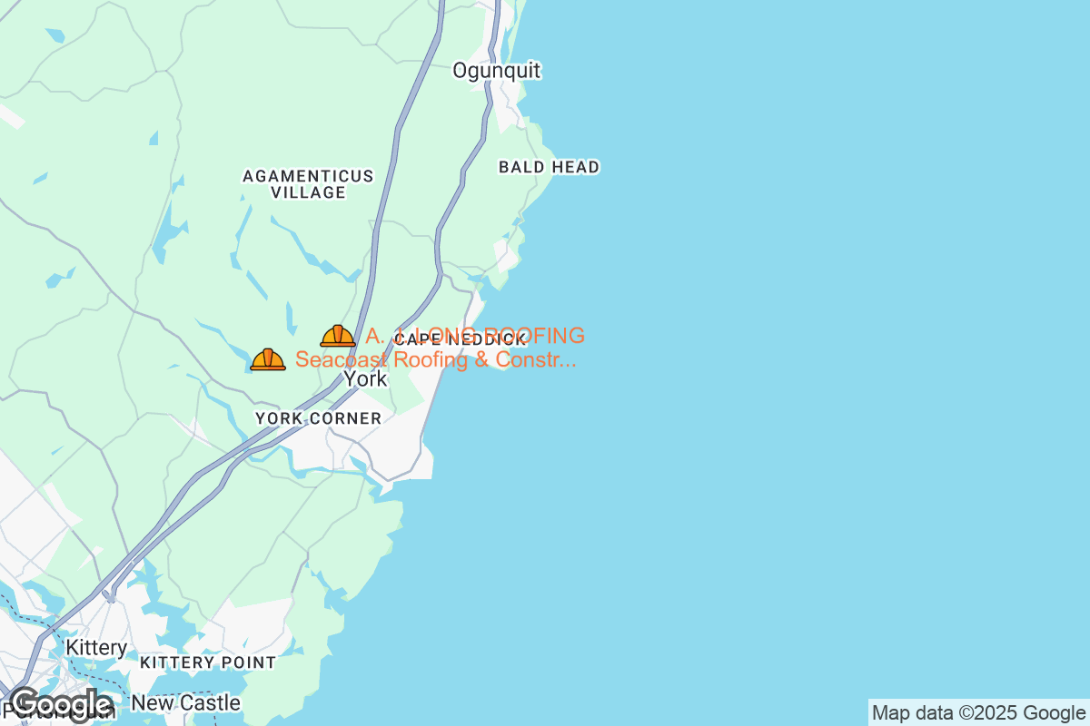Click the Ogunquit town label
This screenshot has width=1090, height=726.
click(x=496, y=71)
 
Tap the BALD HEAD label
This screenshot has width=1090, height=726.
click(x=549, y=167)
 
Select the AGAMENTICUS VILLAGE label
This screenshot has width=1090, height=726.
click(x=308, y=184)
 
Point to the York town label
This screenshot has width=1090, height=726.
click(x=366, y=379)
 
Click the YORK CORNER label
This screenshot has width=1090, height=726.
click(x=318, y=418)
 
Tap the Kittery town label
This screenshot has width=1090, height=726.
click(x=96, y=648)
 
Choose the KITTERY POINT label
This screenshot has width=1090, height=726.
click(x=208, y=663)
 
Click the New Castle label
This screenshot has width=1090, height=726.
click(x=186, y=703)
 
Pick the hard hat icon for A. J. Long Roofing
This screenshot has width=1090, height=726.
click(x=338, y=336)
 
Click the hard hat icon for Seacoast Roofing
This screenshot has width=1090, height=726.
click(x=268, y=359)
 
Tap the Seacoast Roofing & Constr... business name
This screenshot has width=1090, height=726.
click(x=436, y=360)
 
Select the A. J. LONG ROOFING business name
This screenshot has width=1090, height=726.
click(x=475, y=336)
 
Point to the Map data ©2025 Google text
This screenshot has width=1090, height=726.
click(x=978, y=712)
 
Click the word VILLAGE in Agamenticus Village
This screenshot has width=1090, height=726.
click(x=308, y=192)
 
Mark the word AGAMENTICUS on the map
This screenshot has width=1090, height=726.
click(x=308, y=176)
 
